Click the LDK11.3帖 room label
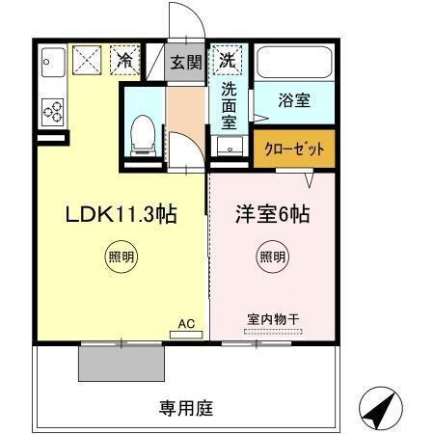pos(120,215)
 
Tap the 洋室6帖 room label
pos(273,215)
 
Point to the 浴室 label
pos(294,99)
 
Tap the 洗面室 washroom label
pos(230,104)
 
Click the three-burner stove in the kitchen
pos(52,112)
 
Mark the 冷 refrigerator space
pos(124,60)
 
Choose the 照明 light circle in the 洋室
pos(271,258)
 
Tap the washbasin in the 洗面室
pos(230,145)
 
